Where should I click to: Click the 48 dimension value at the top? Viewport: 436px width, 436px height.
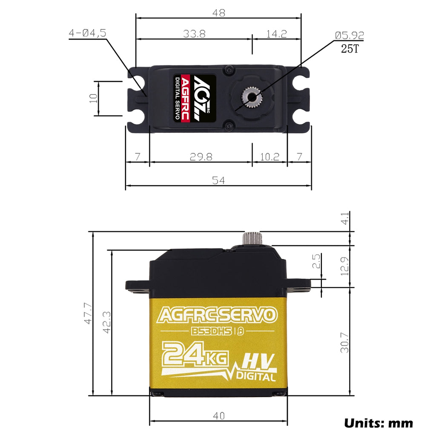[x=218, y=13]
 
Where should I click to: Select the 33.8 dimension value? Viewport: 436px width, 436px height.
[x=194, y=34]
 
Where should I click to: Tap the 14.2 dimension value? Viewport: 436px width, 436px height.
[x=277, y=34]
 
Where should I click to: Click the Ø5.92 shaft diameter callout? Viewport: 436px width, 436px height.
[x=350, y=36]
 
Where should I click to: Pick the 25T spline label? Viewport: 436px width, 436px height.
[x=350, y=49]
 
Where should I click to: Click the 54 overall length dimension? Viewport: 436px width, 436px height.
[x=218, y=181]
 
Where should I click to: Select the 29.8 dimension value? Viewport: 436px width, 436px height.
[x=201, y=157]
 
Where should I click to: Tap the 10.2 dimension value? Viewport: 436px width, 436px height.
[x=270, y=157]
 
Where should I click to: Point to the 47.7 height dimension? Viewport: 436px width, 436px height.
[x=87, y=313]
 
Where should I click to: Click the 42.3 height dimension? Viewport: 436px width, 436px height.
[x=106, y=322]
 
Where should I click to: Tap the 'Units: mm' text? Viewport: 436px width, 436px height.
[x=379, y=423]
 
